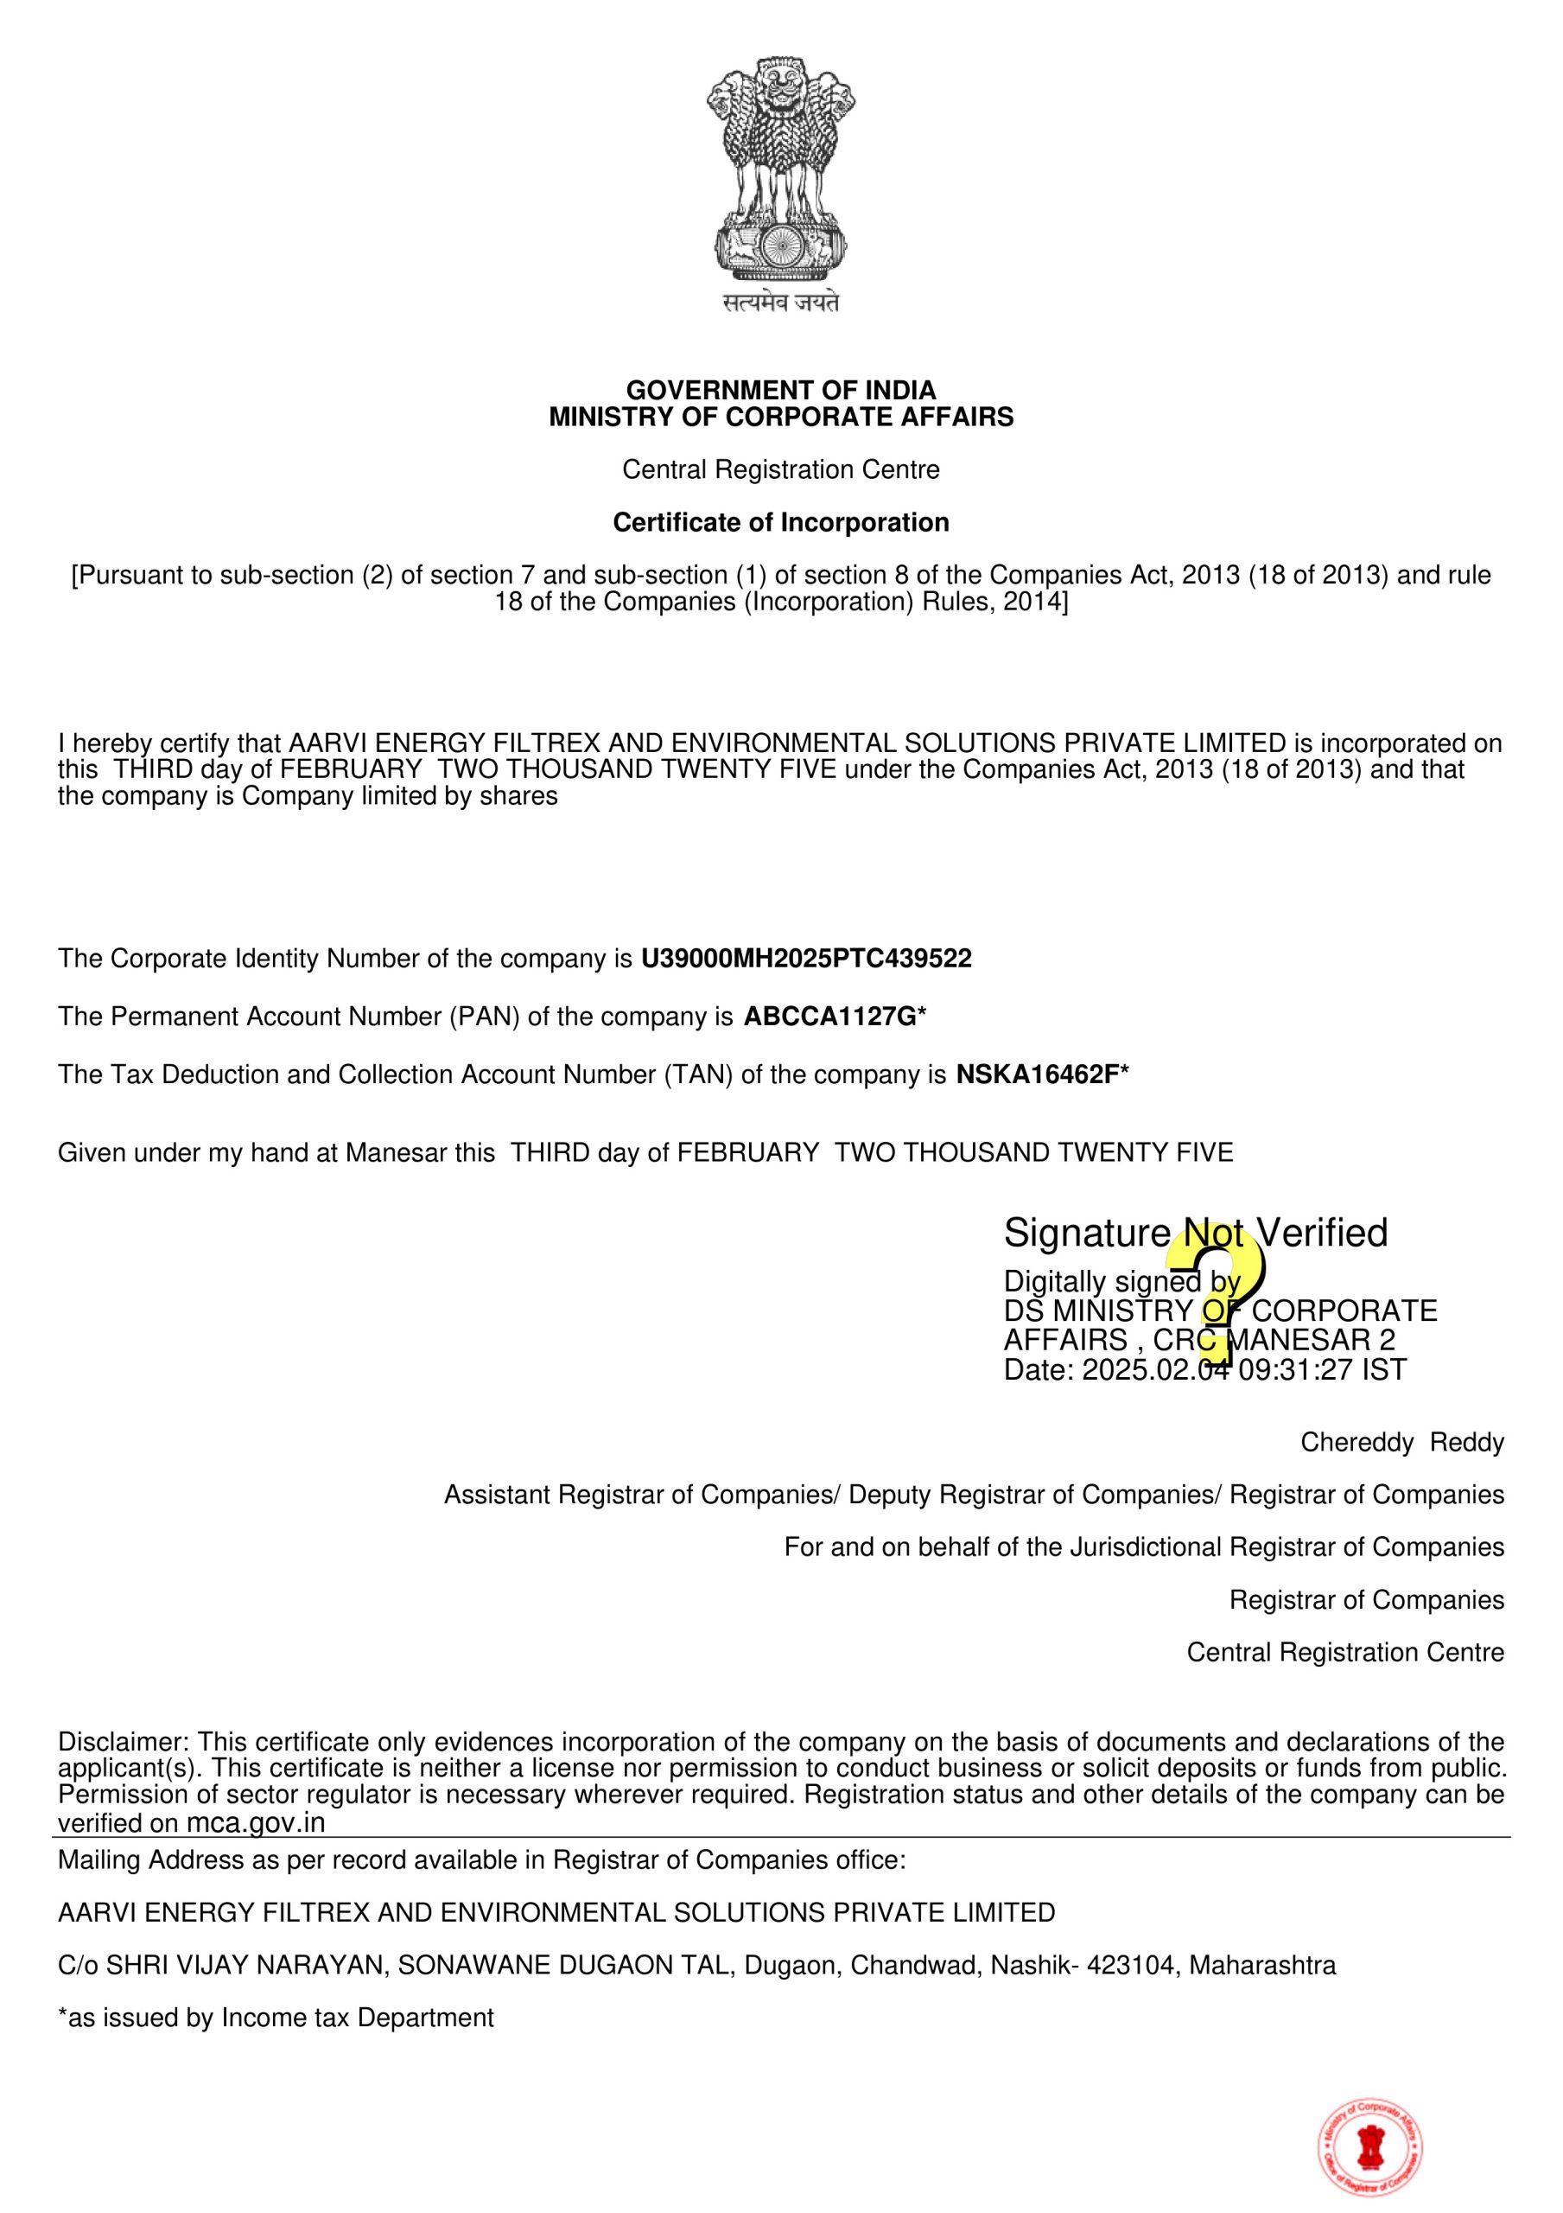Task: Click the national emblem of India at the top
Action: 780,169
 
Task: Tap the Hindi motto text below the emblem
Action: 780,303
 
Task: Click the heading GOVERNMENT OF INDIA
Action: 780,391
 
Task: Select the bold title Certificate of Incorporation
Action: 780,522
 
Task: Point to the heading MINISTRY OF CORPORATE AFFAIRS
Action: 780,418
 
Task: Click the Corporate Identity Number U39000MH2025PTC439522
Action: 805,959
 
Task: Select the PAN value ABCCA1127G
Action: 829,1017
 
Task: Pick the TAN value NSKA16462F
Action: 1037,1075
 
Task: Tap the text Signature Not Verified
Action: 1195,1233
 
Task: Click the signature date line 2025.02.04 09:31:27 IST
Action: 1204,1369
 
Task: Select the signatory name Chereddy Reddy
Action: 1401,1443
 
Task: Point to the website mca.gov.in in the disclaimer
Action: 256,1822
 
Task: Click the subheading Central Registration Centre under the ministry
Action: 780,469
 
